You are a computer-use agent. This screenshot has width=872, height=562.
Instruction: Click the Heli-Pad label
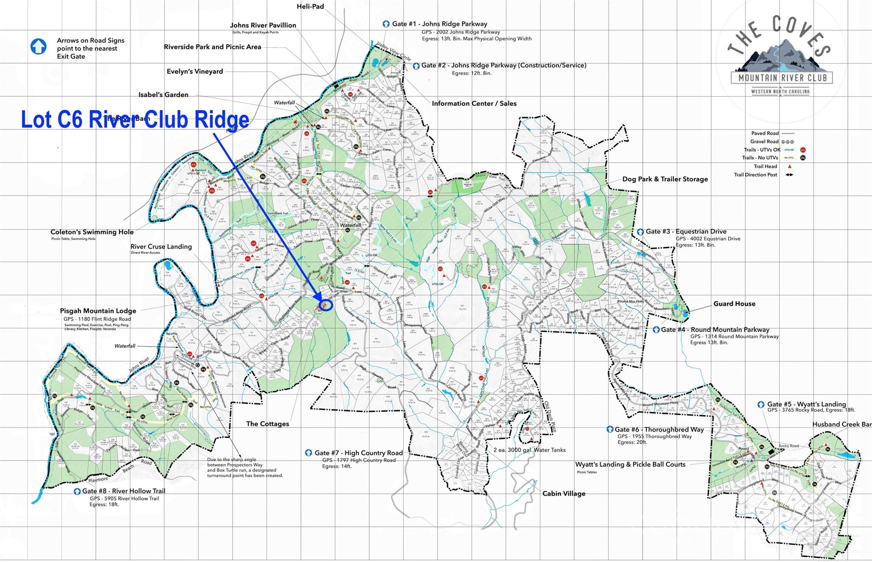tap(310, 6)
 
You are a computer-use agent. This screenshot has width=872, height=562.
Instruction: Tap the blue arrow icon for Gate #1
tap(386, 24)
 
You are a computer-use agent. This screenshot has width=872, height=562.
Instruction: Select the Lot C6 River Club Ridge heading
tap(135, 119)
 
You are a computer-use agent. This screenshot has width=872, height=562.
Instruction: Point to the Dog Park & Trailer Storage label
tap(665, 179)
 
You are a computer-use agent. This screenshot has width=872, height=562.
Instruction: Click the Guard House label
tap(734, 304)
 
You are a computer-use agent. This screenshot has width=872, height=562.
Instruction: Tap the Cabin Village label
tap(563, 493)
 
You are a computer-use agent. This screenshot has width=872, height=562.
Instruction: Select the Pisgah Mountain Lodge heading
tap(98, 311)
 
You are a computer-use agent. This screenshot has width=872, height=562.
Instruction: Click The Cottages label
tap(267, 424)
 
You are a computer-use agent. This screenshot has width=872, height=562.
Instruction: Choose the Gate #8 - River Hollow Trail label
tap(123, 491)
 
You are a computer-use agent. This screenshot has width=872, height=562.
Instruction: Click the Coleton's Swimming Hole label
tap(92, 232)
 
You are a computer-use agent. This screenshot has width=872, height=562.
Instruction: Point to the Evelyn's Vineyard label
tap(195, 72)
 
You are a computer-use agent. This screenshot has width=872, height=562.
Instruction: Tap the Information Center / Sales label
tap(474, 103)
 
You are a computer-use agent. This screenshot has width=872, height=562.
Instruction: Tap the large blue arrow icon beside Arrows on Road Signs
tap(38, 46)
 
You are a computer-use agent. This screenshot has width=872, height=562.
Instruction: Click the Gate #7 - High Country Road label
tap(358, 453)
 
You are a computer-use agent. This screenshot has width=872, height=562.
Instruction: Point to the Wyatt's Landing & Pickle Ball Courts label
tap(630, 465)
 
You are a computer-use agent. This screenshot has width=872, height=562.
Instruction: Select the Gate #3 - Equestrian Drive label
tap(686, 232)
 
